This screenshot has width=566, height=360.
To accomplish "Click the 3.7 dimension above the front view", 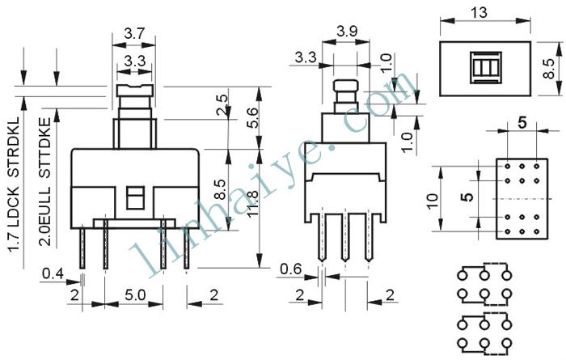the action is pyautogui.click(x=134, y=34).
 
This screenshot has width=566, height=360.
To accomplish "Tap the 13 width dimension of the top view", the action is pyautogui.click(x=479, y=13).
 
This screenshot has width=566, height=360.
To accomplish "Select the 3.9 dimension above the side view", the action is pyautogui.click(x=347, y=32).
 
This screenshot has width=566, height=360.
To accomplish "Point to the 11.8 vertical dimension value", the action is pyautogui.click(x=253, y=204).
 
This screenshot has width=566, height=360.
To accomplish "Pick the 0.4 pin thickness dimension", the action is pyautogui.click(x=53, y=273).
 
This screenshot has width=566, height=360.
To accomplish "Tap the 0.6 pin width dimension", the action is pyautogui.click(x=290, y=269).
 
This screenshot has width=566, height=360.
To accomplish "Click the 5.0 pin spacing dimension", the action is pyautogui.click(x=135, y=295).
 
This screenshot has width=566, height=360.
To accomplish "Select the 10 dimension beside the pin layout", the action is pyautogui.click(x=432, y=201).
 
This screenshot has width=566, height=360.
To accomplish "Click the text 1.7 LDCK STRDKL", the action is pyautogui.click(x=14, y=184).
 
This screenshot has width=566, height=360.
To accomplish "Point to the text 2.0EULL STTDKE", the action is pyautogui.click(x=44, y=183).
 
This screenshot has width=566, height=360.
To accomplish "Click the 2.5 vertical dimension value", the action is pyautogui.click(x=222, y=104).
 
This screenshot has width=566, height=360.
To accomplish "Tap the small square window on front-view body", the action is pyautogui.click(x=135, y=197).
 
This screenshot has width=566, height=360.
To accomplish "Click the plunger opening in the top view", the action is pyautogui.click(x=485, y=67).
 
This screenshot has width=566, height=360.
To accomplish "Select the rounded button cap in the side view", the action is pyautogui.click(x=346, y=86).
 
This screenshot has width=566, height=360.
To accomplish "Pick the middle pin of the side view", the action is pyautogui.click(x=345, y=237).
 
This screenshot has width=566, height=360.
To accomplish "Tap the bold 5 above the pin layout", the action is pyautogui.click(x=522, y=124).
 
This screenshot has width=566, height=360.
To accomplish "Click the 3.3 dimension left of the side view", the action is pyautogui.click(x=306, y=57).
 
